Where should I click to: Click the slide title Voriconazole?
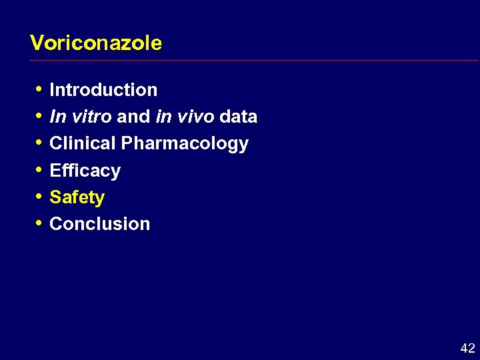[x=96, y=43]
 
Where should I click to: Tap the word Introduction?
[x=103, y=90]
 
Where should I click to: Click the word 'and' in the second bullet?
[x=133, y=117]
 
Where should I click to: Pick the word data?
[x=238, y=117]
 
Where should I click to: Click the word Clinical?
[x=83, y=143]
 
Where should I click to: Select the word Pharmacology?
[x=185, y=144]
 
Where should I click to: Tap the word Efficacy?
[x=85, y=171]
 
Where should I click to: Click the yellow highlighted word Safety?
[x=77, y=197]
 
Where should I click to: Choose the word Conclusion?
[x=99, y=224]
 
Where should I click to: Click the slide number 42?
[x=467, y=348]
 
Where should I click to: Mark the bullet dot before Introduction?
[x=37, y=89]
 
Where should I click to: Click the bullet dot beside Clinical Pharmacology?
[x=37, y=143]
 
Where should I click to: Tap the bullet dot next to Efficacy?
[x=37, y=169]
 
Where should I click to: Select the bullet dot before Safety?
[x=37, y=196]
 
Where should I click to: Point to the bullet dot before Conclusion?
[x=37, y=223]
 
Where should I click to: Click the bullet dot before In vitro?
[x=37, y=116]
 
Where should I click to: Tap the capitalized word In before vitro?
[x=57, y=117]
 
